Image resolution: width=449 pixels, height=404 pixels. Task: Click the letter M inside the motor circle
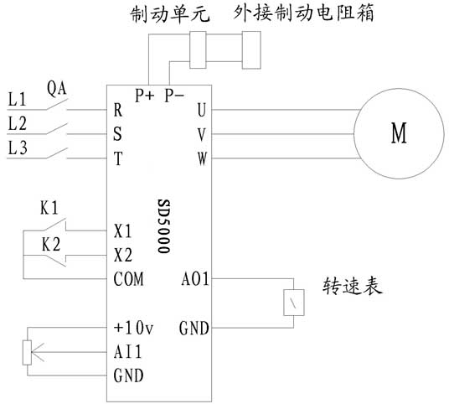399,133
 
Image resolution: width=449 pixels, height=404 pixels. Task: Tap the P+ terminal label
145,95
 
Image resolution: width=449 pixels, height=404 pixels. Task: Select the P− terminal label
174,95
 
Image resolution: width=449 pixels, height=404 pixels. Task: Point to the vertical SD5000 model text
164,226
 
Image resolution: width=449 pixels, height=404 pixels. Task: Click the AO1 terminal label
195,279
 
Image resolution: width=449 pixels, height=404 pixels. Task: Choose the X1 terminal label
122,231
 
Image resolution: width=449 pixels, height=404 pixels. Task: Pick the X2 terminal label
123,255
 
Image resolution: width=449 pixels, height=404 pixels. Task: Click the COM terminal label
128,279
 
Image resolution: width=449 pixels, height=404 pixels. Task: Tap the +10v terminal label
133,327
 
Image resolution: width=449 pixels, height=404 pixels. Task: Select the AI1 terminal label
127,351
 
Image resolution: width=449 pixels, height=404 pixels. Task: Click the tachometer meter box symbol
294,303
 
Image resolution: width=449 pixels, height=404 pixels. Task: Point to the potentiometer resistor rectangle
27,352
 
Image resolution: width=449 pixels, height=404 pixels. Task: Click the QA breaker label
56,89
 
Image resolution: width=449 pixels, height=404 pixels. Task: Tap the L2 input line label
18,124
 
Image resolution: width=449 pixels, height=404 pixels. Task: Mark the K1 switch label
49,208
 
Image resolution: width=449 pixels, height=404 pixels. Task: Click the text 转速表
352,286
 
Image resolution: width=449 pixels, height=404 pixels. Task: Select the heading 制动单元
170,14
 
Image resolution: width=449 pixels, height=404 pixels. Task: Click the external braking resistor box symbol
251,50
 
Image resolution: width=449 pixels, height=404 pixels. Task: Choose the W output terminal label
202,158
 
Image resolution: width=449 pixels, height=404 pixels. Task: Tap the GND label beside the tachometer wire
194,329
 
